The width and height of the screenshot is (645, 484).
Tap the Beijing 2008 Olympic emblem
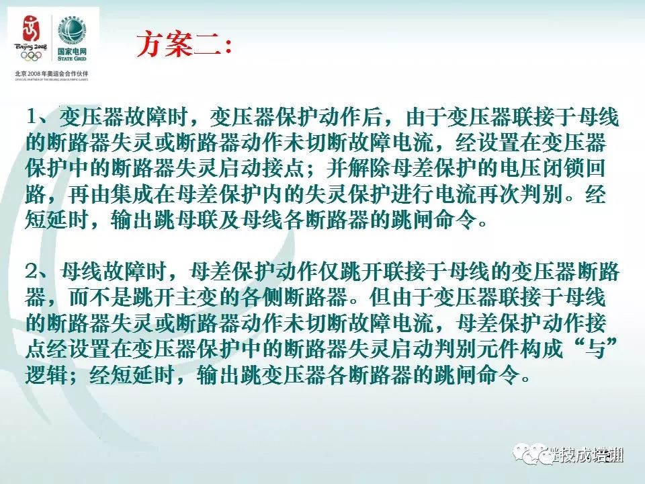32,32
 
